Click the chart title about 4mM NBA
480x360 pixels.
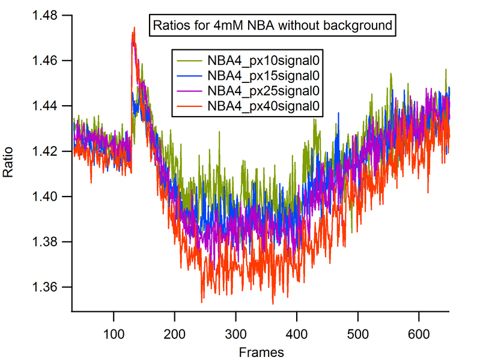coord(273,26)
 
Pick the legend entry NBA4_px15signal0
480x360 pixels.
coord(263,76)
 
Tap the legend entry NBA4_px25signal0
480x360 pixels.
coord(263,91)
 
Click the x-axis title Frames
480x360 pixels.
coord(260,350)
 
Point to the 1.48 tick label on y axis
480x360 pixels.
coord(50,15)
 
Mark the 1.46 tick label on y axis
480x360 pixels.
coord(50,61)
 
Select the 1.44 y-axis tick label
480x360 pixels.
coord(50,106)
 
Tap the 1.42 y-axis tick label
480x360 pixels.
coord(50,151)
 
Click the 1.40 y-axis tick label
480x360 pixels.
coord(50,197)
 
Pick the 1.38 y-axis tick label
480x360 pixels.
coord(50,242)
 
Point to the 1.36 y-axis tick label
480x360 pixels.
coord(50,287)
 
